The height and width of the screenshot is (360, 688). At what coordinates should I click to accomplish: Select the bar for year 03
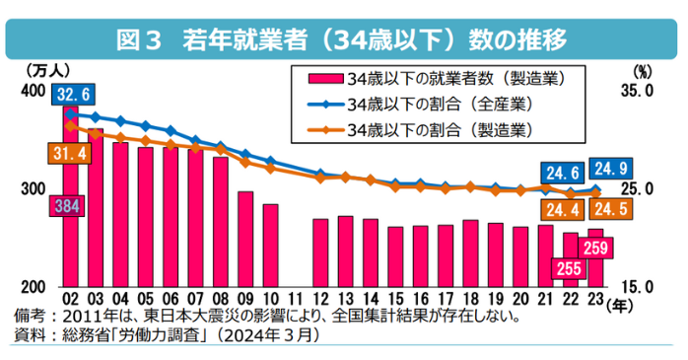[x=96, y=207]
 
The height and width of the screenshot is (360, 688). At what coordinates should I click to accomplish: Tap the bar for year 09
[x=245, y=239]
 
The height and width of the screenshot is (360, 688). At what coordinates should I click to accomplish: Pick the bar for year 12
[x=320, y=252]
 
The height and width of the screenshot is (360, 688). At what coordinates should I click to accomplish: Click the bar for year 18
[x=470, y=253]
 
